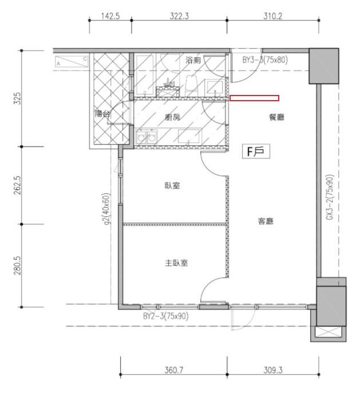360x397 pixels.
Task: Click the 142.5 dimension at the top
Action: pos(110,16)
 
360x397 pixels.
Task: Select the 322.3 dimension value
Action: pos(179,16)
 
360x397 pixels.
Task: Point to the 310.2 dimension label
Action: pos(272,16)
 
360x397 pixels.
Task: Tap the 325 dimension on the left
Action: pos(17,98)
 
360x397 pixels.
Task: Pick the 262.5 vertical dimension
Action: pos(17,185)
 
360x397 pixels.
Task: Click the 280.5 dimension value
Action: pos(17,265)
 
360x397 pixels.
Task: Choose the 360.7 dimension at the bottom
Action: pos(174,370)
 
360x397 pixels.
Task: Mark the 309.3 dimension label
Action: pos(273,370)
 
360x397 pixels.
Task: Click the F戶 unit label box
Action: pos(256,152)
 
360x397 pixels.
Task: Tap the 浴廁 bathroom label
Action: pos(193,60)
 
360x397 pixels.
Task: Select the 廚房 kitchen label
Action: pos(172,117)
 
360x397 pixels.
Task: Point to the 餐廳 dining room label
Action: pos(276,117)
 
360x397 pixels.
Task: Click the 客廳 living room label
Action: pos(266,221)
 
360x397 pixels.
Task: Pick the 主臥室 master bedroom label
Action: pos(176,263)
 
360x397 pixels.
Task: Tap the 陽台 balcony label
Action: pos(102,114)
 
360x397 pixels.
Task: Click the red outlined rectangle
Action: pos(254,98)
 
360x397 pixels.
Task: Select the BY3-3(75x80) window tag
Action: pos(265,60)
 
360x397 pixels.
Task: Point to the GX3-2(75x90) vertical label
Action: pos(330,197)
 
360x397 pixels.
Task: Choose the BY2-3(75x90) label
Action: pos(165,316)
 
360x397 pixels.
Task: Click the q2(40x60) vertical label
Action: pos(106,209)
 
